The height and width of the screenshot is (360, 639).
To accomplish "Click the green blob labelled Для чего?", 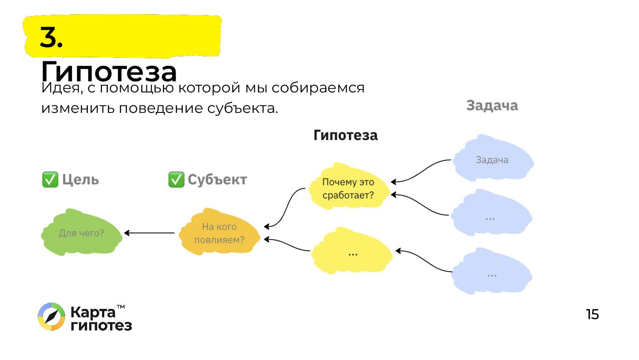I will [x=82, y=232].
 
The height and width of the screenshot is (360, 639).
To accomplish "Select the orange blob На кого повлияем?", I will [x=219, y=233].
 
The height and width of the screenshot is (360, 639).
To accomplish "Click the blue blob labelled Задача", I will [x=492, y=160].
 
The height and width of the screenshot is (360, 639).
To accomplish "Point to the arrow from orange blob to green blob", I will [x=150, y=233].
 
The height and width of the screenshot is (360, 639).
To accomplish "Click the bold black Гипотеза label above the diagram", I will [x=345, y=136].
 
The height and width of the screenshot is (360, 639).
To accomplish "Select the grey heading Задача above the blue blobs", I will [x=492, y=106].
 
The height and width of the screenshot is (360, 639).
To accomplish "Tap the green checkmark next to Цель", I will [x=50, y=180].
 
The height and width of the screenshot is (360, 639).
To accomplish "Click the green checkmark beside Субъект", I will [x=176, y=180].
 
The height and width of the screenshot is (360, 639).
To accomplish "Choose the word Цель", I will [x=80, y=180].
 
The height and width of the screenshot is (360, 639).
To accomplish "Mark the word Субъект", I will [x=217, y=180].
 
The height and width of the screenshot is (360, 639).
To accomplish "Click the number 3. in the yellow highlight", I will [x=51, y=37].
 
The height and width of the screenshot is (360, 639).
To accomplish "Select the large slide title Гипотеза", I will [x=109, y=71].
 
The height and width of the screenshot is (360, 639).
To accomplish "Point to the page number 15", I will [x=592, y=315].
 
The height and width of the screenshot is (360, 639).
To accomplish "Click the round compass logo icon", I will [x=51, y=317].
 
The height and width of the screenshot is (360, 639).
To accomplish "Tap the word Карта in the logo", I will [x=92, y=312].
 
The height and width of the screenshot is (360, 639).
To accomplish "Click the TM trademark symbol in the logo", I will [x=120, y=307].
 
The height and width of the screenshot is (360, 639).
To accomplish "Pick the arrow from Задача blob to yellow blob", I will [x=422, y=171].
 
